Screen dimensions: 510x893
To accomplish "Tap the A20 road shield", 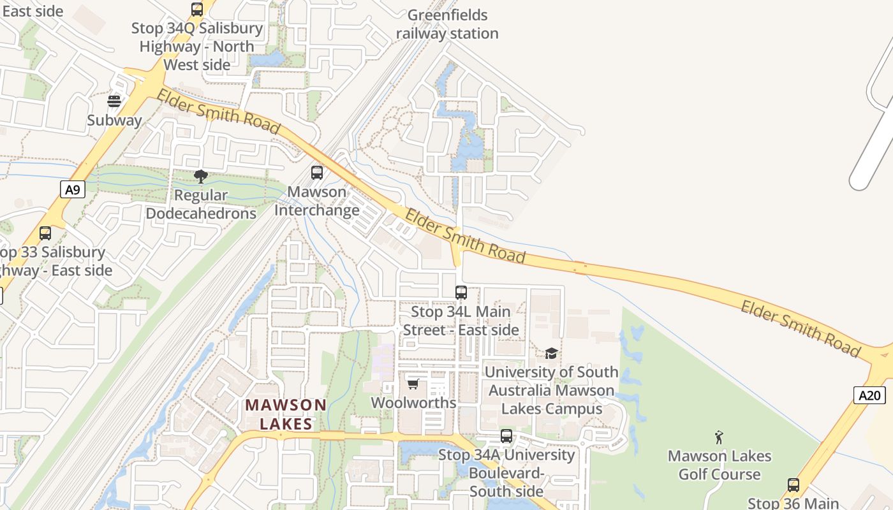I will [x=869, y=395].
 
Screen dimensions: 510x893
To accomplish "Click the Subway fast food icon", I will [x=114, y=101].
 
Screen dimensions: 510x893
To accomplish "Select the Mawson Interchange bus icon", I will [x=316, y=172].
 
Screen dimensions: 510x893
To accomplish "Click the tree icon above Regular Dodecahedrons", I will [x=201, y=176].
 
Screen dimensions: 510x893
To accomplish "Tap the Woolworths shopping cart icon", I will [x=413, y=384].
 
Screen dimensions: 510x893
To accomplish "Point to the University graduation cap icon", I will [x=551, y=353].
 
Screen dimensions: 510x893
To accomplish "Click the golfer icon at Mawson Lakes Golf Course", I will [x=720, y=437].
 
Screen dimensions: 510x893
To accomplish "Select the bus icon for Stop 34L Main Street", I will [x=461, y=293].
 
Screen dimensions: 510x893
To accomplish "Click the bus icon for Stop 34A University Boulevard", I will [x=506, y=436].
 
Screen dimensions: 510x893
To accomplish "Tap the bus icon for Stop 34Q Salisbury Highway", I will [x=197, y=10].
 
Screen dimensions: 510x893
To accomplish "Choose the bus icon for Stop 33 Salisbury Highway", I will [x=45, y=233].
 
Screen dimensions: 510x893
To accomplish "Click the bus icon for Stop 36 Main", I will [x=793, y=484].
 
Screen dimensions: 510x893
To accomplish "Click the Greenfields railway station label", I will [x=447, y=24].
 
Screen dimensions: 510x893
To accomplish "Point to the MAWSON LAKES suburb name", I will [x=286, y=414].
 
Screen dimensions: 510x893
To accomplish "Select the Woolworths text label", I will [x=413, y=403].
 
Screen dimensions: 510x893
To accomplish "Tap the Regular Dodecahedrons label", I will [x=201, y=204].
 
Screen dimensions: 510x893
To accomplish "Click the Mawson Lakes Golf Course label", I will [x=720, y=465].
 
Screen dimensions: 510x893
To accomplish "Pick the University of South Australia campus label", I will [x=551, y=390].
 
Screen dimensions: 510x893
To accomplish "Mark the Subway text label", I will [x=114, y=120].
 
